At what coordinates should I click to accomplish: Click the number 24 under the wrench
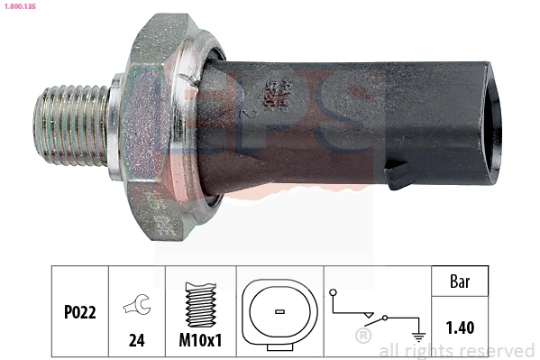[136, 342]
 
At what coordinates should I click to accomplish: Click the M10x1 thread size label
[200, 342]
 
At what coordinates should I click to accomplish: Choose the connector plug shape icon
[279, 311]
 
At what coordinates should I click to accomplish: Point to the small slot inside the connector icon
[279, 311]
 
